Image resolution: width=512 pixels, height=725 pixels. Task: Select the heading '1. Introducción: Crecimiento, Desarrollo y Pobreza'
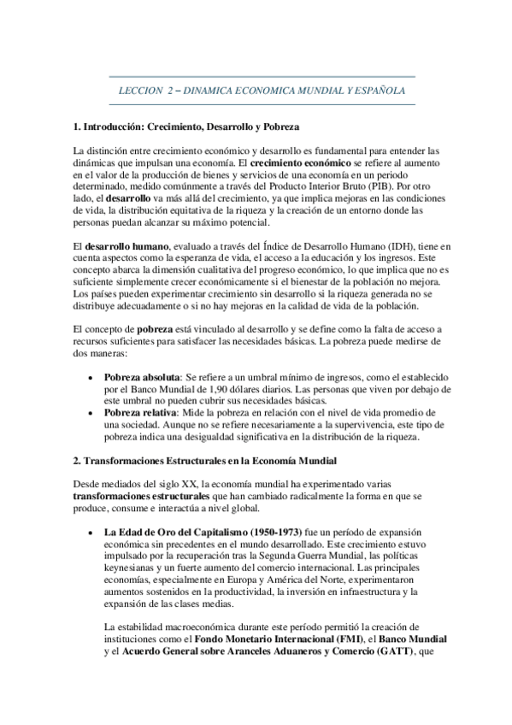186,127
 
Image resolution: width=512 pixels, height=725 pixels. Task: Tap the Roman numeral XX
189,483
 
